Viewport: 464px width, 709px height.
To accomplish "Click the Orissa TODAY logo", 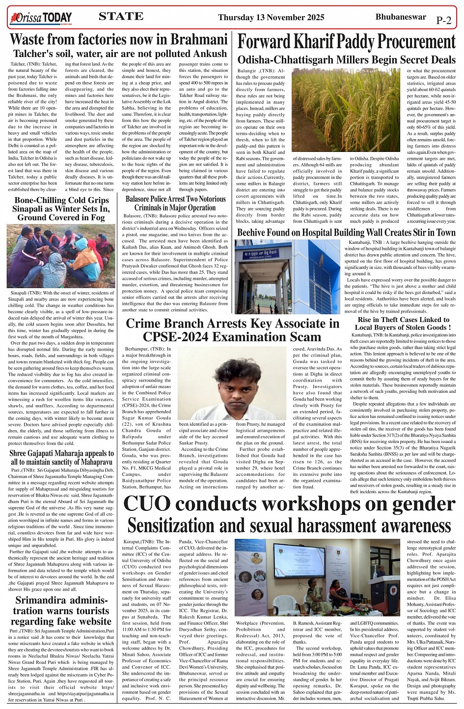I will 41,18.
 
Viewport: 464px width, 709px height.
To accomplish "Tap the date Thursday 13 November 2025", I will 271,18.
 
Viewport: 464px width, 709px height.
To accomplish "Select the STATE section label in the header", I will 121,16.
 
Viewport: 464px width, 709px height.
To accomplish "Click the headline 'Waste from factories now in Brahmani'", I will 119,39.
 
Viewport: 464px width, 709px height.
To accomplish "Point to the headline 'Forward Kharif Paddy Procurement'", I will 347,41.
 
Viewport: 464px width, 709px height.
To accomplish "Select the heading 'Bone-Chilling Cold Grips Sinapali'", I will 61,208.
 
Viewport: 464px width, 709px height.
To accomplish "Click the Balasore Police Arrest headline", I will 175,203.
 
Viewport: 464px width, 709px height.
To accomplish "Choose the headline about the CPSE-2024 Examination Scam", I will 232,330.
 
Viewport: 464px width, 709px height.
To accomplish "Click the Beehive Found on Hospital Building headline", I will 346,232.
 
